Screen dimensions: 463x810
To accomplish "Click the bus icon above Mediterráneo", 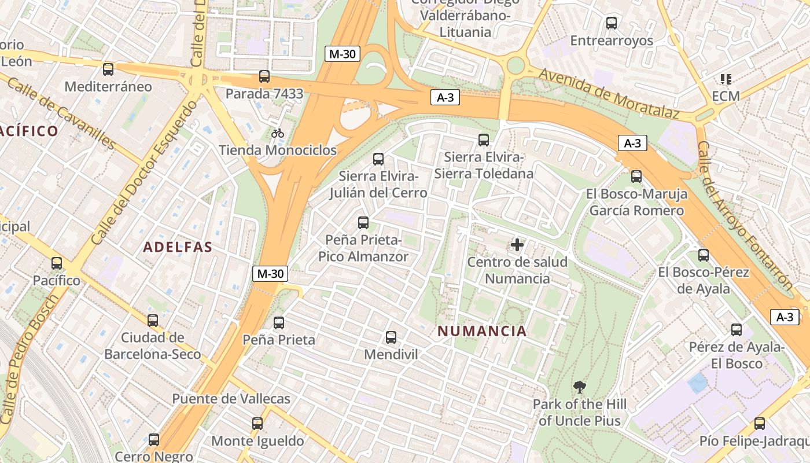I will coord(108,69).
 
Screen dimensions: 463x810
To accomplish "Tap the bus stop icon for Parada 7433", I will coord(264,76).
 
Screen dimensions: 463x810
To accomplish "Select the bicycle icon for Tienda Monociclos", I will coord(278,133).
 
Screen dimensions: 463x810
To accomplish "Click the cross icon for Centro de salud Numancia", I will coord(517,245).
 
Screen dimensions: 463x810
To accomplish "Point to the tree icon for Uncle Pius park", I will coord(579,387).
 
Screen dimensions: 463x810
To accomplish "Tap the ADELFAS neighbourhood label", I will coord(178,247).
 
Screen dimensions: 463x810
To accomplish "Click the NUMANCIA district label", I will coord(482,331).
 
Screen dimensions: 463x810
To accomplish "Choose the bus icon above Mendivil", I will coord(391,337).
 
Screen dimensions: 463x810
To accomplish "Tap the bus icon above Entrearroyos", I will coord(612,23).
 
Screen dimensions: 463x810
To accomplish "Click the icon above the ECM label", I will coord(726,79).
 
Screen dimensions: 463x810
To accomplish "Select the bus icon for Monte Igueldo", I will coord(257,424).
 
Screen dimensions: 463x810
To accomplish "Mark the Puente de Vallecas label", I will coord(231,399).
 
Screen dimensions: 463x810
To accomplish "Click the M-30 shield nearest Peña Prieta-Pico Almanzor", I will coord(270,274).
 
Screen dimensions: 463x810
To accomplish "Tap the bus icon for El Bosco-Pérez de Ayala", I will coord(704,255).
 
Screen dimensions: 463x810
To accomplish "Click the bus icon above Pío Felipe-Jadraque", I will coord(760,424).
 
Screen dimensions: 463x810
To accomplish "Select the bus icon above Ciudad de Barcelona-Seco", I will coord(153,320).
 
